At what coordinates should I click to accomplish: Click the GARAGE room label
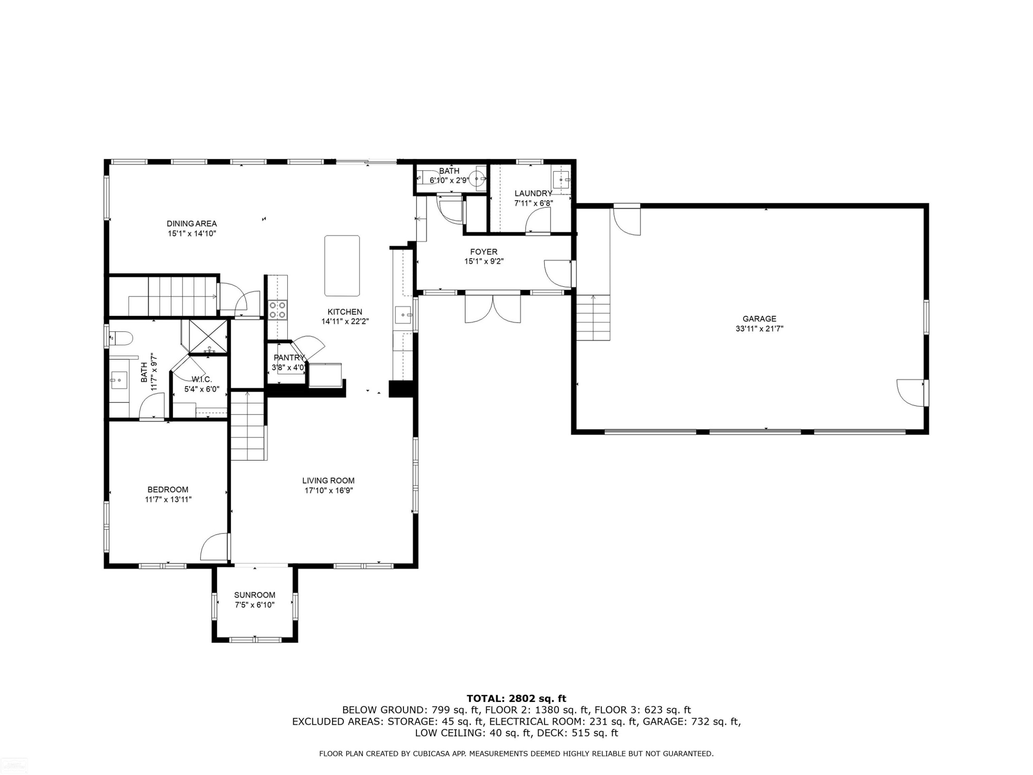759,319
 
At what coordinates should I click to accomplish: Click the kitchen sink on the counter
404,315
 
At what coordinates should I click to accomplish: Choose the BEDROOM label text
168,489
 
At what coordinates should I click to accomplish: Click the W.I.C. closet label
202,379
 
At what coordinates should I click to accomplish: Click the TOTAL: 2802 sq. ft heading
516,699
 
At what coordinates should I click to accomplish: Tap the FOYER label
484,252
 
